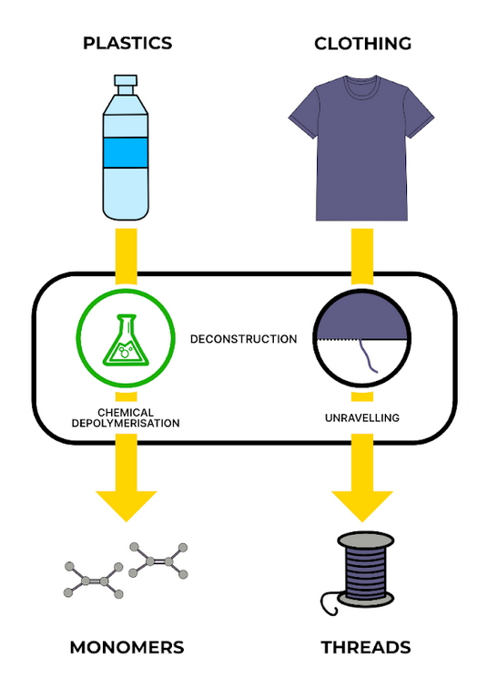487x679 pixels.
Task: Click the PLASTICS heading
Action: click(127, 43)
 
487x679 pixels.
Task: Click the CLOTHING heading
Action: click(362, 43)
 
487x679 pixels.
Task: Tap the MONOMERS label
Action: click(127, 647)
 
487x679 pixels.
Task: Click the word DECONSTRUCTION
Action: click(243, 339)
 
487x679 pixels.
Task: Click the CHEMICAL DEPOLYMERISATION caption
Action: click(127, 417)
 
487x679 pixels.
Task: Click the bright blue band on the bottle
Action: click(127, 150)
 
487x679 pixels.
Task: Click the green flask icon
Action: click(127, 340)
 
